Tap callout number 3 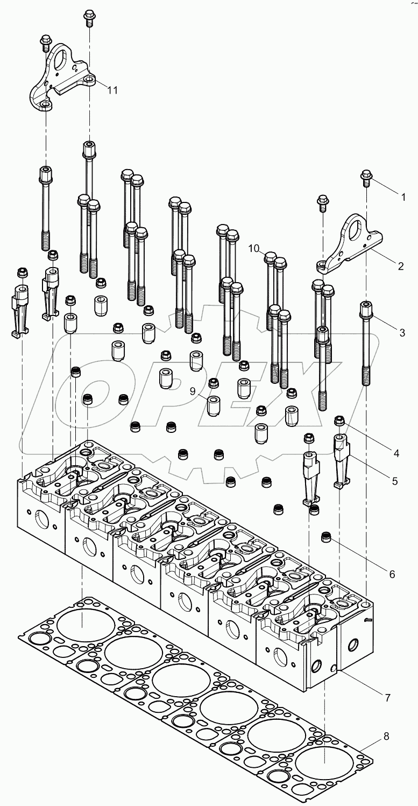click(401, 332)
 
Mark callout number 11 click(112, 90)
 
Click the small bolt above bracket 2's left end click(322, 202)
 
